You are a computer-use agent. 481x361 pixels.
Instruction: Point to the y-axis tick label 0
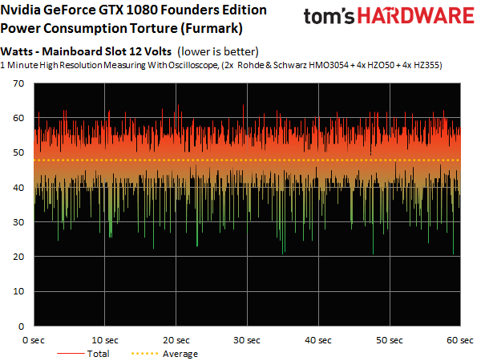coord(22,327)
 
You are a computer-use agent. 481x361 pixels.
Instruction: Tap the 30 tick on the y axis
coord(18,222)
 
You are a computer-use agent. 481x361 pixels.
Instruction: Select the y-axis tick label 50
coord(18,153)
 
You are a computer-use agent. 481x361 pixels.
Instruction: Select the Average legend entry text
coord(180,353)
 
